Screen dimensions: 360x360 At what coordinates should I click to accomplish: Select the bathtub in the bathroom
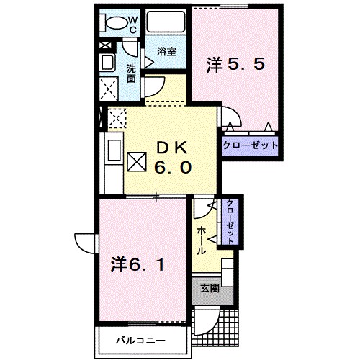pyautogui.click(x=166, y=22)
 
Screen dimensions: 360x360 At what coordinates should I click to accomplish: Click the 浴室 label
pyautogui.click(x=166, y=52)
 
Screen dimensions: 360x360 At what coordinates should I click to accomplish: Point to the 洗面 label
pyautogui.click(x=131, y=73)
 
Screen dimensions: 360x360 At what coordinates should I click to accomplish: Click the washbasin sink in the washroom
pyautogui.click(x=107, y=62)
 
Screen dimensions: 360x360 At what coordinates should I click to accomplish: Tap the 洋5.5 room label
pyautogui.click(x=235, y=65)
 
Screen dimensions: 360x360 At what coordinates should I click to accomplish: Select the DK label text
pyautogui.click(x=172, y=148)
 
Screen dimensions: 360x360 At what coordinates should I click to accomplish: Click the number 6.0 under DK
pyautogui.click(x=173, y=166)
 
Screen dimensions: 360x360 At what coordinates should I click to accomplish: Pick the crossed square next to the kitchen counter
pyautogui.click(x=137, y=162)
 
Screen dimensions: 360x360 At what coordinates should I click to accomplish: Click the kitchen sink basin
pyautogui.click(x=114, y=150)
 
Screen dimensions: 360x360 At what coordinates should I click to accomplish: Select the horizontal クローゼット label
pyautogui.click(x=250, y=145)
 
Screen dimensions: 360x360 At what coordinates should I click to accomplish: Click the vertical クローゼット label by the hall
pyautogui.click(x=230, y=222)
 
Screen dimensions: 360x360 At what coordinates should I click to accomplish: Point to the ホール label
pyautogui.click(x=201, y=240)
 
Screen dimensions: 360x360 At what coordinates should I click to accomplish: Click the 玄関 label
pyautogui.click(x=210, y=288)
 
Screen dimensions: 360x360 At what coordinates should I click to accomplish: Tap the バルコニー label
pyautogui.click(x=141, y=341)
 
